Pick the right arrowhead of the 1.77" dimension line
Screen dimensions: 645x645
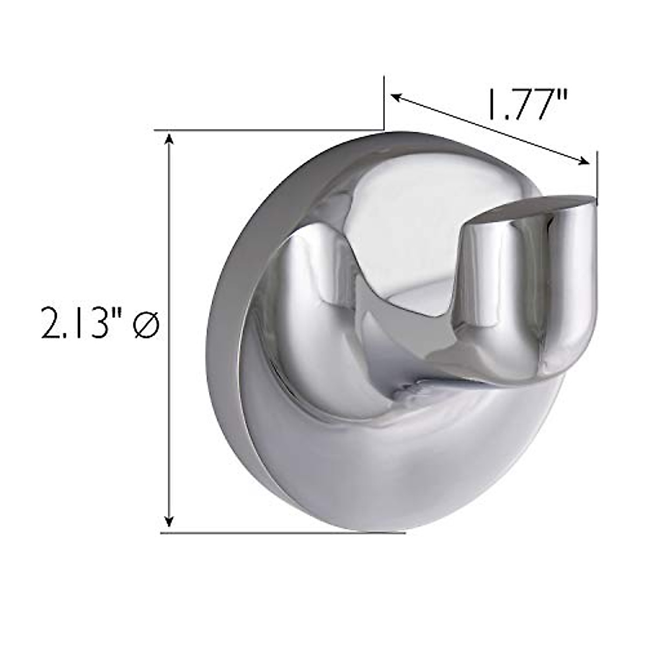coord(585,161)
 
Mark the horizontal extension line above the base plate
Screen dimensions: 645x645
coord(269,130)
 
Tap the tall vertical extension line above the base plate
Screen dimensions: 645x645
coord(384,102)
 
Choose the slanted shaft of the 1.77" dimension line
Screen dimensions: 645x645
coord(489,129)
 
